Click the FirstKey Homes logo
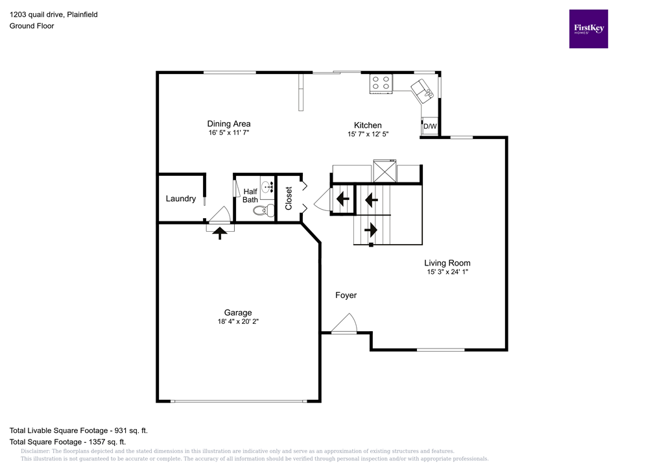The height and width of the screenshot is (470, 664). coord(588,29)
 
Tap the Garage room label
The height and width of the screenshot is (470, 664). coord(239,312)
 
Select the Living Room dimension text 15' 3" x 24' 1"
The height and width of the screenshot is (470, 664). coord(447,273)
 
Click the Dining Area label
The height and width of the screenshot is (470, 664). coord(229,124)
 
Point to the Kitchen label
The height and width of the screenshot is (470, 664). coord(368,125)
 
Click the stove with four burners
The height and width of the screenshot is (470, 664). coord(381,83)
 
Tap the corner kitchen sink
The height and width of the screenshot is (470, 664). coord(423,90)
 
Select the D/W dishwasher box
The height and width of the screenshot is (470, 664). coord(430,126)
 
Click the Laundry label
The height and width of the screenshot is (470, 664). coord(180,199)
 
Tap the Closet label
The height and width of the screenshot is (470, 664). coord(289,198)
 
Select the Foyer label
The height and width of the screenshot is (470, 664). coord(346,295)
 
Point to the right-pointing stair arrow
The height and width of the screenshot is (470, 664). coord(371,229)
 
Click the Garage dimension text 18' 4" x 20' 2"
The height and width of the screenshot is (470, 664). coord(239,321)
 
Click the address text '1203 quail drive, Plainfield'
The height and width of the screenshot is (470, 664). coord(54,14)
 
